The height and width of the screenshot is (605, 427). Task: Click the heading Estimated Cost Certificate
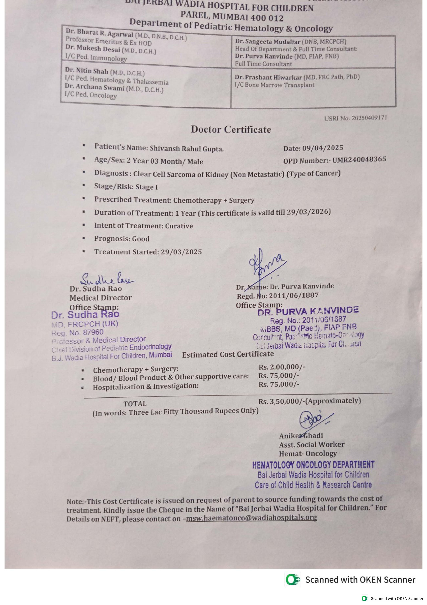(x=228, y=354)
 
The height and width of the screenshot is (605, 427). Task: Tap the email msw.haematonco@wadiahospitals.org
(x=251, y=517)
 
